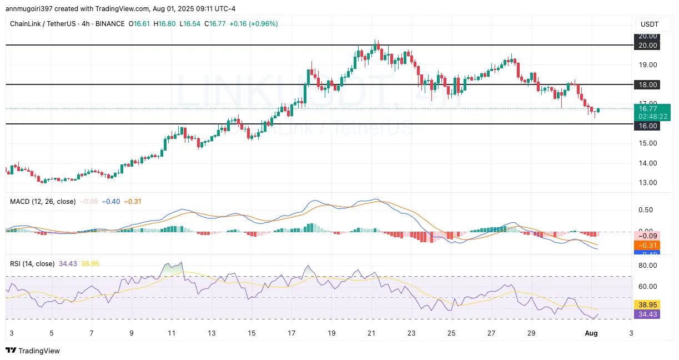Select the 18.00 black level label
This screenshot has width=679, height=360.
647,84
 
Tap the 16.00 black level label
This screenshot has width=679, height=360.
647,126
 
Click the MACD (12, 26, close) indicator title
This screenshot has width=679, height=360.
42,202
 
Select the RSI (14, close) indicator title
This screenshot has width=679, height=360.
32,264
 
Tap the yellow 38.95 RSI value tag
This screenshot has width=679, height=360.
647,305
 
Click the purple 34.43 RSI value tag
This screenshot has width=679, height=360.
647,314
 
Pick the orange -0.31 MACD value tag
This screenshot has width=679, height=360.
647,245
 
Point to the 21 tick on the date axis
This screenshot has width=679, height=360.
371,333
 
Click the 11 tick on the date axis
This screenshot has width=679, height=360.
172,333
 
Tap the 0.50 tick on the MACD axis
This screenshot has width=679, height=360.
645,210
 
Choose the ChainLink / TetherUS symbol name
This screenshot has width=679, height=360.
42,24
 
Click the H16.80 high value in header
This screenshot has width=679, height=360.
165,24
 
